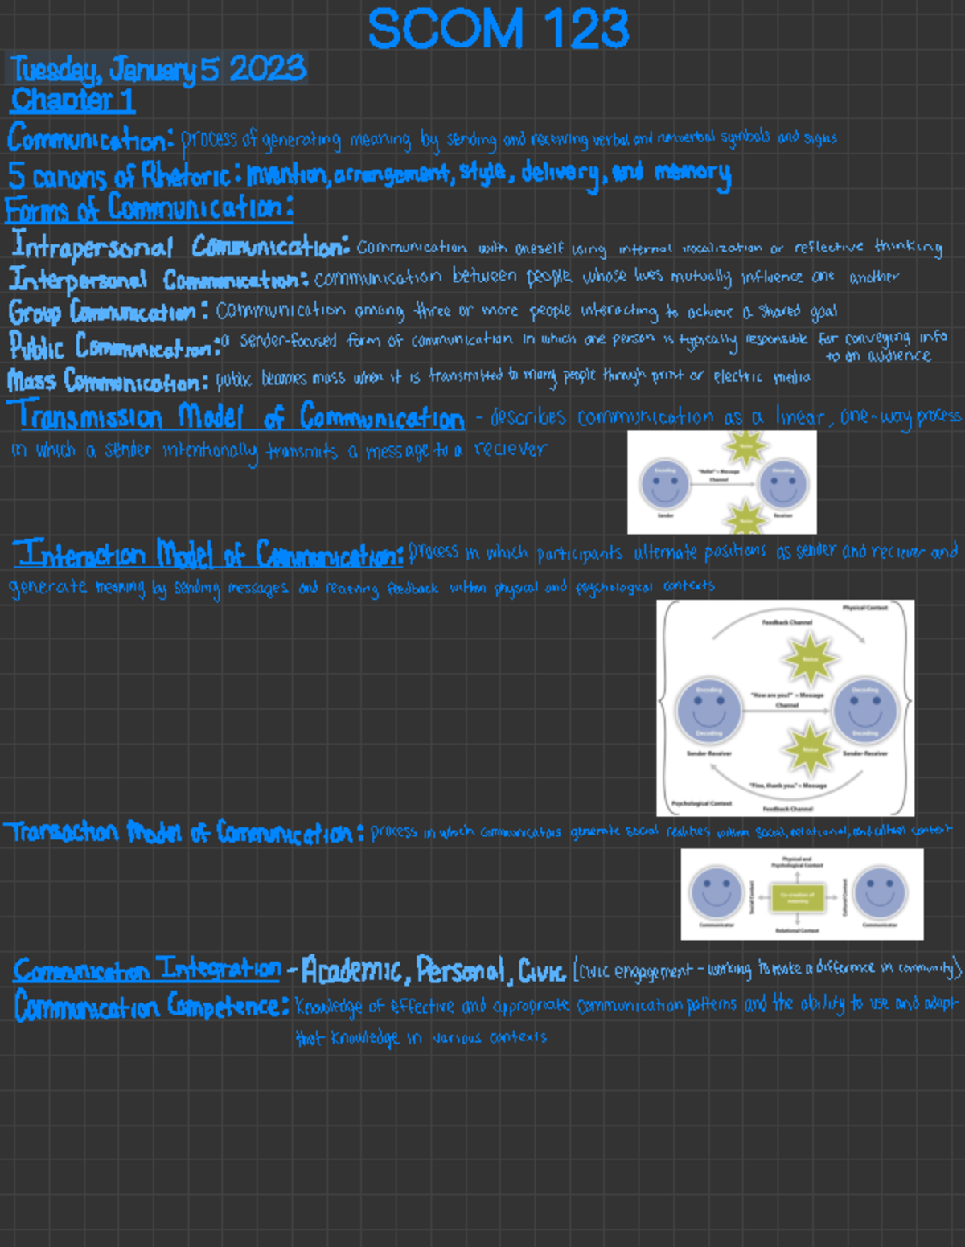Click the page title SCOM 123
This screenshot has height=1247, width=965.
coord(498,30)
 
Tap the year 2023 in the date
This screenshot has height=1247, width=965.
coord(267,69)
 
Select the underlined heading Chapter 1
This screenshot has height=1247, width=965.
coord(72,100)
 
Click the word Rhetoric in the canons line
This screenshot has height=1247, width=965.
coord(187,174)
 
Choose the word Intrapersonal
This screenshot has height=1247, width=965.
coord(92,246)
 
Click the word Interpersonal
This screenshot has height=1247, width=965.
coord(78,280)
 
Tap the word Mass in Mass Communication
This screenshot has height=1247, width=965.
coord(31,379)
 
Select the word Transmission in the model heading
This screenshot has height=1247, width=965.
coord(89,416)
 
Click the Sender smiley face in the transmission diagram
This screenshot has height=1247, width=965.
coord(665,484)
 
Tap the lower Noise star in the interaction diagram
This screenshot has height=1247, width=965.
coord(810,749)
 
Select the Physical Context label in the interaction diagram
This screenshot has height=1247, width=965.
coord(864,608)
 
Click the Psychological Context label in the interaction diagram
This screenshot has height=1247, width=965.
coord(701,803)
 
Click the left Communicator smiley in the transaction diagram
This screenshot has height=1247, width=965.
coord(716,892)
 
